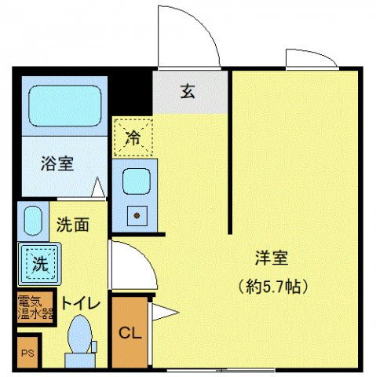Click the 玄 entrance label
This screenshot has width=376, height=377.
188,92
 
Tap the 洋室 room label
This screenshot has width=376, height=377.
272,258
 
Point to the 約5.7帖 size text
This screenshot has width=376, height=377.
272,284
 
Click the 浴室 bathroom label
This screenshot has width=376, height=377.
57,164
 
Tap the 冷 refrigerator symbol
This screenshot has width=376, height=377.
133,138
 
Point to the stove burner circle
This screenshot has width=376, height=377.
136,214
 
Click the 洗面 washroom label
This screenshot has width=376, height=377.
72,224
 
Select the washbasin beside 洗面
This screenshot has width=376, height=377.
32,221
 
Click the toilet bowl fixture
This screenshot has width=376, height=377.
79,336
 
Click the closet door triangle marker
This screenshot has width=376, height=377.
164,313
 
